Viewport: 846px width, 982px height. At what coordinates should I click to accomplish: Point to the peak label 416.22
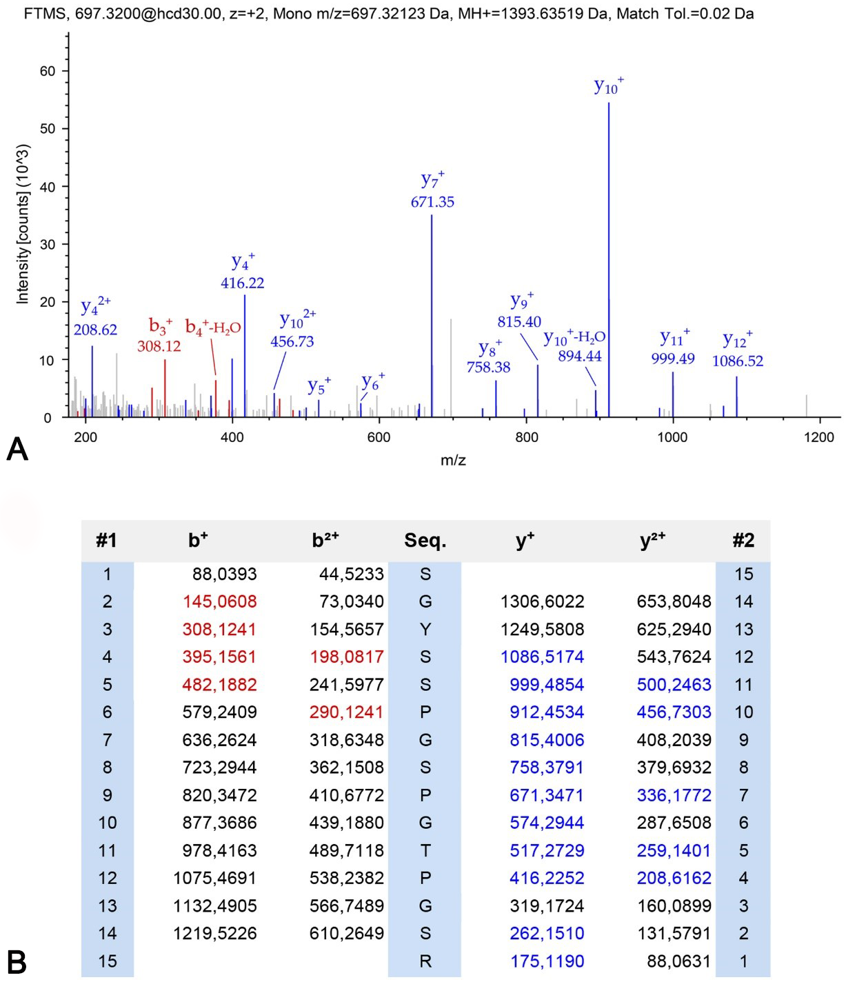click(x=242, y=283)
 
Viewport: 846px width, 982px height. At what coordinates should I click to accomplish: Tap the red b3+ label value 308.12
click(x=159, y=346)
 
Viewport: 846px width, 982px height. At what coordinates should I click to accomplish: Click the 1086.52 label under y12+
click(x=738, y=361)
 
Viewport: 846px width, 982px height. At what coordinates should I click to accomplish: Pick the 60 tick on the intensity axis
click(x=48, y=71)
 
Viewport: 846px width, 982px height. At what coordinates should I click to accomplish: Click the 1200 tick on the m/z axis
click(x=818, y=437)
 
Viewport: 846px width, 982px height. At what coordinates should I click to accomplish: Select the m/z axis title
click(x=453, y=460)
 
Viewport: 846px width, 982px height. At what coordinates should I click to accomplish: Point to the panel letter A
click(x=17, y=450)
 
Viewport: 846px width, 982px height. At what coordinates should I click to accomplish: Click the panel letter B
click(x=17, y=962)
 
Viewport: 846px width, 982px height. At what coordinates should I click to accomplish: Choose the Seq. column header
click(x=425, y=541)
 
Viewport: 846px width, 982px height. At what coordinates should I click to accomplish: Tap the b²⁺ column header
click(x=325, y=540)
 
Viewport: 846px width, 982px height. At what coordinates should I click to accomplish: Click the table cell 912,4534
click(x=547, y=712)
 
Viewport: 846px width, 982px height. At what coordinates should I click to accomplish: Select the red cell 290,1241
click(x=346, y=712)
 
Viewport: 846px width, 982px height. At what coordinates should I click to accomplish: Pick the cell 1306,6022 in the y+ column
click(x=542, y=602)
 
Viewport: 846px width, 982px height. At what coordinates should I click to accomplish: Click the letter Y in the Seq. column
click(x=425, y=630)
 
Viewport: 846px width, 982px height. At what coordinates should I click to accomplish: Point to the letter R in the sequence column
click(x=425, y=961)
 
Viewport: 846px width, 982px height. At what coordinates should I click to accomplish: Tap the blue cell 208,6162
click(x=674, y=879)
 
